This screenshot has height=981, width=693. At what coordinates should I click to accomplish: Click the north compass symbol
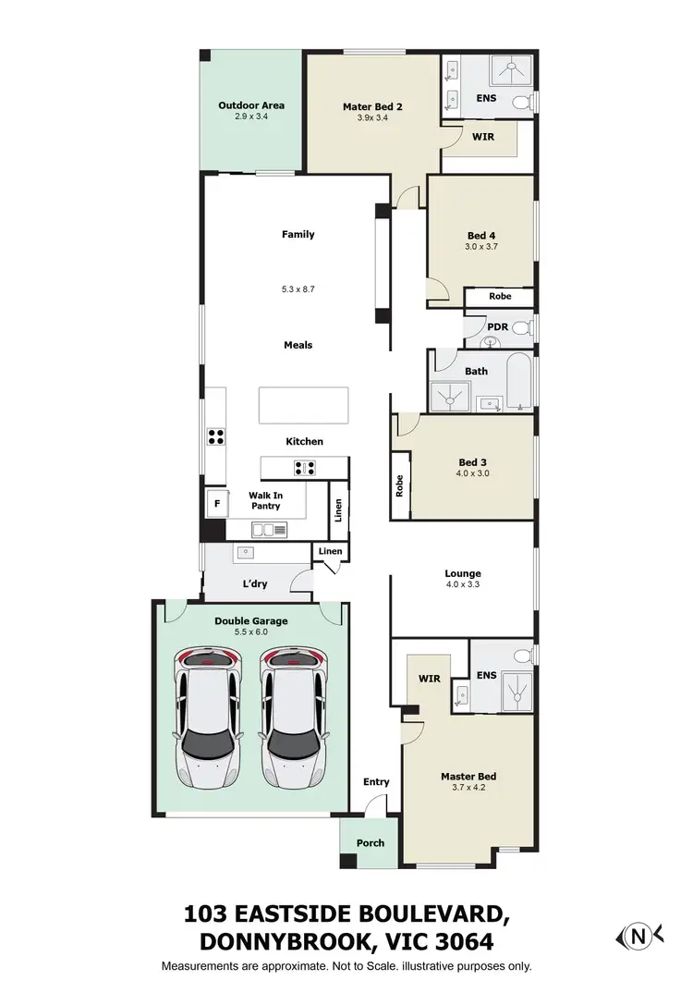(x=638, y=937)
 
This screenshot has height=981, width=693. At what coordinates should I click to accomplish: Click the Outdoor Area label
(x=251, y=105)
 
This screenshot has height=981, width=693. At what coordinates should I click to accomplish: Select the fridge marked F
(x=217, y=504)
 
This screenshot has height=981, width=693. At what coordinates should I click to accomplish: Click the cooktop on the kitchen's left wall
(x=217, y=436)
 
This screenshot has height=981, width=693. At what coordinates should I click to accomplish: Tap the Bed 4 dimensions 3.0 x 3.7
(x=481, y=247)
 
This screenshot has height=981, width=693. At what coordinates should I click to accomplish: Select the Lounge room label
(x=463, y=573)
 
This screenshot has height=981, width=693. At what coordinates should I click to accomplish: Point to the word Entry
(x=376, y=782)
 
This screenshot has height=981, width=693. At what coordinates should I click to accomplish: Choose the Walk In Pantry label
(x=265, y=501)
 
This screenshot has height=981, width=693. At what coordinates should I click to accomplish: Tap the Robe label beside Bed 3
(x=400, y=486)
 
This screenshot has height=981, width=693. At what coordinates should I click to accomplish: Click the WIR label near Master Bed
(x=431, y=679)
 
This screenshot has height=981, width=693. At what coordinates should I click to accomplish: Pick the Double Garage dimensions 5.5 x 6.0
(x=251, y=632)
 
